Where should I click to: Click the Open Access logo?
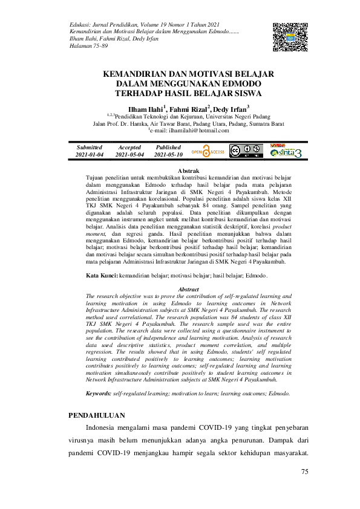point(208,151)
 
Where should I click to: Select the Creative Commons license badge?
point(246,151)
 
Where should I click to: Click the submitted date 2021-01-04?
point(90,155)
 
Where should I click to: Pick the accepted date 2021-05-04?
point(129,155)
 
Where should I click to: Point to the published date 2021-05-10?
point(168,155)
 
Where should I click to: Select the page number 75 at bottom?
point(305,472)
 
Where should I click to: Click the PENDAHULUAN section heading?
point(97,415)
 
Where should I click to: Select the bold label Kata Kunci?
point(102,275)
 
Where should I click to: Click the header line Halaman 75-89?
point(89,46)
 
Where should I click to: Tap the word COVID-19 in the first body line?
point(201,430)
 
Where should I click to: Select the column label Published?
point(168,147)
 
